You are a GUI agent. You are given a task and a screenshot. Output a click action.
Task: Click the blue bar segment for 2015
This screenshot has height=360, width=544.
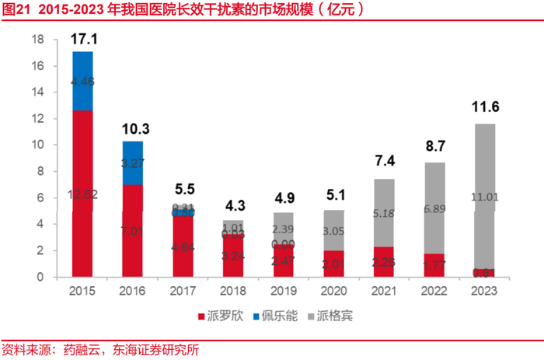(x=82, y=81)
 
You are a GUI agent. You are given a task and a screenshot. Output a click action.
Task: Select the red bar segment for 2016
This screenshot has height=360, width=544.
(x=133, y=230)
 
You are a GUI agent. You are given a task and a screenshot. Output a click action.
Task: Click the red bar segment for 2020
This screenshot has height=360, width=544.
(x=333, y=263)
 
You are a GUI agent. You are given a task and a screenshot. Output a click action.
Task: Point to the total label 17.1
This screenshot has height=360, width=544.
(x=83, y=38)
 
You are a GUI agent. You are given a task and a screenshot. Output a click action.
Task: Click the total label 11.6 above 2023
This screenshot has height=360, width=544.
(x=484, y=107)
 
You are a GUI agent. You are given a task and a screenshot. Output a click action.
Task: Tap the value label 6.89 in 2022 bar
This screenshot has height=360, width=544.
(x=434, y=209)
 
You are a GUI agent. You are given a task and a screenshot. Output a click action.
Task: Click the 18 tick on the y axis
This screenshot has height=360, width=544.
(x=37, y=40)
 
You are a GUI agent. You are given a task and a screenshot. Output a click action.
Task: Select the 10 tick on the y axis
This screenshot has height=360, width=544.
(x=37, y=145)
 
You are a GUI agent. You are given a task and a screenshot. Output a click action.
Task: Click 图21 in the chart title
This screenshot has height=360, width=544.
(x=16, y=10)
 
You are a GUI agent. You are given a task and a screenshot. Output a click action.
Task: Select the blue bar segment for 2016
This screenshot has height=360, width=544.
(x=133, y=163)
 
